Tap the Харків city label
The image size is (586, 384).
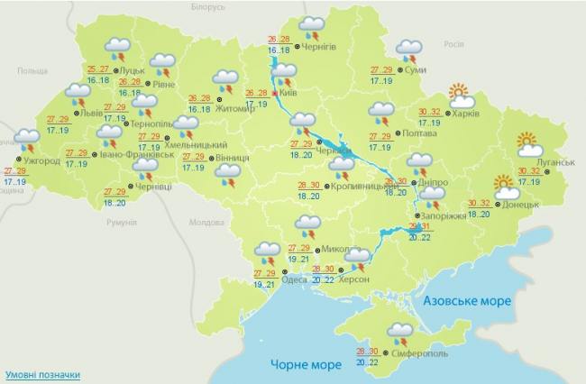[465, 114]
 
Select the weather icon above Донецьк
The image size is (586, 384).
[506, 187]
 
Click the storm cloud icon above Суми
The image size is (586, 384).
[409, 50]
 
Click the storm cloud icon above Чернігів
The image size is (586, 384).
[312, 27]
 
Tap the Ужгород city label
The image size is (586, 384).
[41, 160]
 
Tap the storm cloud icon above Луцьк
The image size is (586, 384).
[117, 48]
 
